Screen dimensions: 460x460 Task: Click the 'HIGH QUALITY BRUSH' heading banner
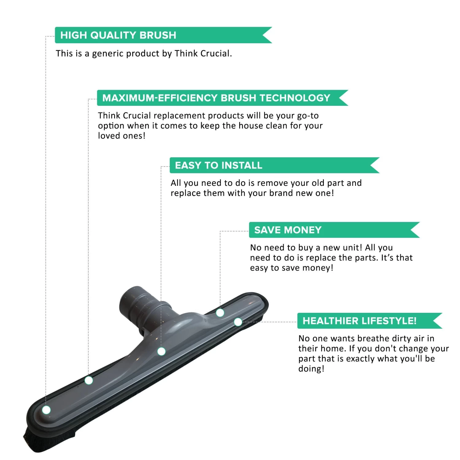(x=163, y=35)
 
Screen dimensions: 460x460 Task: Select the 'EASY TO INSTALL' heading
(x=219, y=165)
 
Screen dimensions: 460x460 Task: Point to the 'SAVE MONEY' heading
(x=288, y=230)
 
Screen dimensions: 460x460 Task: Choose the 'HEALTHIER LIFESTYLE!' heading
(x=360, y=321)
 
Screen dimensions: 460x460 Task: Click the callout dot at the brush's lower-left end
(x=46, y=410)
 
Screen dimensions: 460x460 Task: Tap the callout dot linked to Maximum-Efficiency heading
(x=89, y=381)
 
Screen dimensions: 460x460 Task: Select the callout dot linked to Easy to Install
(x=161, y=351)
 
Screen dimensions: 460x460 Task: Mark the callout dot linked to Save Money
(x=220, y=313)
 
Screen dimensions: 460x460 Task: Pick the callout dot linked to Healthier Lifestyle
(x=238, y=322)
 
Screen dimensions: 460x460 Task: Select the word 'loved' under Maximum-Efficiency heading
(x=109, y=136)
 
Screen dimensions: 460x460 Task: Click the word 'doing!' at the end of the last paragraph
(x=311, y=369)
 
